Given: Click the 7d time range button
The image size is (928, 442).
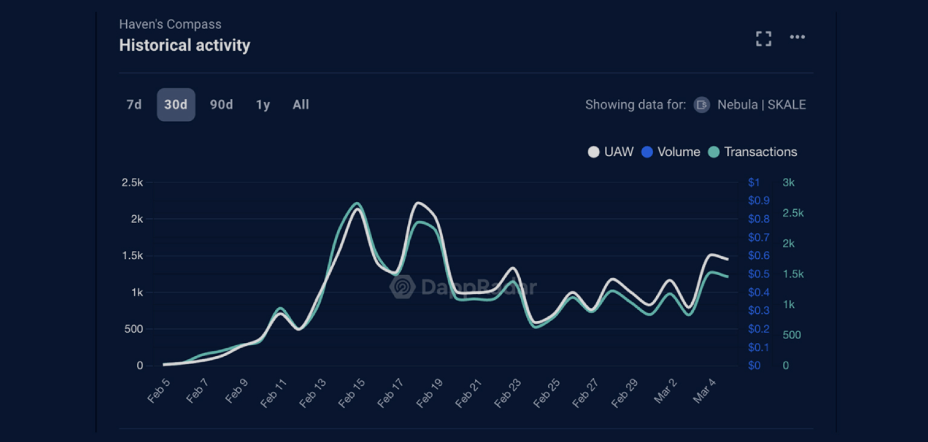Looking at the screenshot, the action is coord(134,105).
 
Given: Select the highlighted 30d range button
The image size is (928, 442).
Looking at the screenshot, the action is coord(176,105).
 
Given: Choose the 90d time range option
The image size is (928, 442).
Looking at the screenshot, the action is coord(221,105).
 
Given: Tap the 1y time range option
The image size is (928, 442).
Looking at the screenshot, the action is coord(263,105).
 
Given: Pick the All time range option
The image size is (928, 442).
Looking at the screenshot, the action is coord(301,105).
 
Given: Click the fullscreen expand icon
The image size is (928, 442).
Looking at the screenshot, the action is coord(764,39).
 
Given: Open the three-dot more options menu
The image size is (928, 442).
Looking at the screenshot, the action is coord(797,37).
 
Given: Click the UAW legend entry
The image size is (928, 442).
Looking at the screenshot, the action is coord(611,152).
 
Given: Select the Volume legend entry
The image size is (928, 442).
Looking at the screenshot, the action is coord(671,152).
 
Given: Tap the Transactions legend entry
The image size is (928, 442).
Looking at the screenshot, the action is coord(752,152).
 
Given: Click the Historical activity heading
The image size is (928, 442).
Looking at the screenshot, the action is coord(185,45).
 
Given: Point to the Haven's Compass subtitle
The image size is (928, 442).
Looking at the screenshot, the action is coord(170,24).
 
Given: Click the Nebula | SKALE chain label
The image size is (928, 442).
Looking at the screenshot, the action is coord(761,105).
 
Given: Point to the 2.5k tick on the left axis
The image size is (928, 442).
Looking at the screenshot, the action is coord(132,183).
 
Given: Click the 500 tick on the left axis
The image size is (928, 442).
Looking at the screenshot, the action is coord(134,329).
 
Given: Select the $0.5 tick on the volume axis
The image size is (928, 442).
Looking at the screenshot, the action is coord(759,274).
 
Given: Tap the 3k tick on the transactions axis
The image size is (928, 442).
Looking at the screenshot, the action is coord(788,183).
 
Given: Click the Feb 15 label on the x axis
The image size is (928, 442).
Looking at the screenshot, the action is coord(351,392).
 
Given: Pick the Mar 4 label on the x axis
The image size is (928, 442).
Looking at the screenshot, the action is coord(704,391).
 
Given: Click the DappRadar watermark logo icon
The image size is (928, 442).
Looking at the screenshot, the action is coord(402,287).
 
